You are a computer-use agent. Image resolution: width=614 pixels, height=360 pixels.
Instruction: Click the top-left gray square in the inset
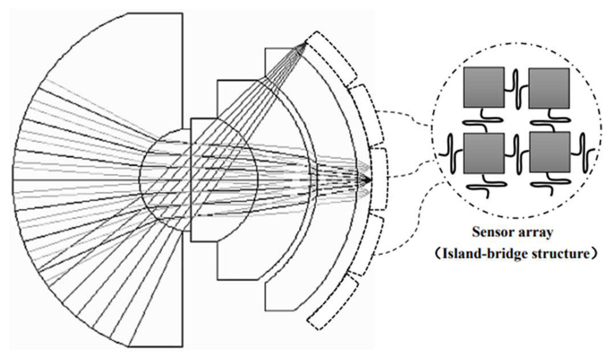484,87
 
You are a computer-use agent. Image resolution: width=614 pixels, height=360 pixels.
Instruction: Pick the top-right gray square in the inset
549,88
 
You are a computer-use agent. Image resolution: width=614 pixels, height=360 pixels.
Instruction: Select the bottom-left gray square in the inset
484,153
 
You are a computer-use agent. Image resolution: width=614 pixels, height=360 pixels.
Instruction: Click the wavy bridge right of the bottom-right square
583,153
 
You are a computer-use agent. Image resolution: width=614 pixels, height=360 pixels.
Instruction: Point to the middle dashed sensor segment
379,179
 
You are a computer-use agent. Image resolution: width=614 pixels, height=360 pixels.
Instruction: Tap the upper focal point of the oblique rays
305,44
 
